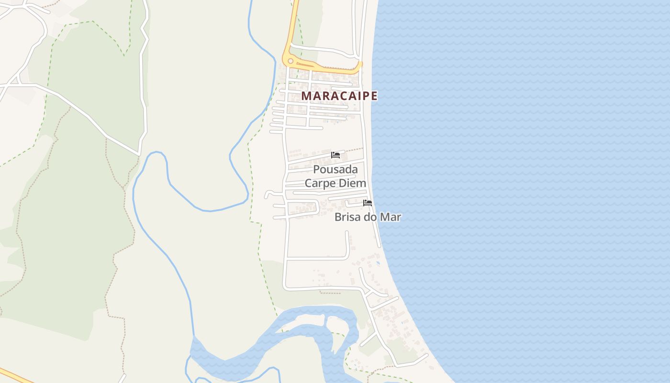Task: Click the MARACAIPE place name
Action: point(339,96)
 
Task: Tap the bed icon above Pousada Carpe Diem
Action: point(335,155)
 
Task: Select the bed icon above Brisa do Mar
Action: point(368,203)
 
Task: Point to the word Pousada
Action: point(335,169)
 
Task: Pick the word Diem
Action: point(353,183)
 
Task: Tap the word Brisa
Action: point(347,217)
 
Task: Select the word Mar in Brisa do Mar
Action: point(390,217)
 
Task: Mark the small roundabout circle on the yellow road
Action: point(290,61)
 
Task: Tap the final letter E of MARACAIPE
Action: point(374,96)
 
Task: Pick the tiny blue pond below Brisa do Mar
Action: point(378,262)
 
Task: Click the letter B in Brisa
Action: point(338,217)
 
